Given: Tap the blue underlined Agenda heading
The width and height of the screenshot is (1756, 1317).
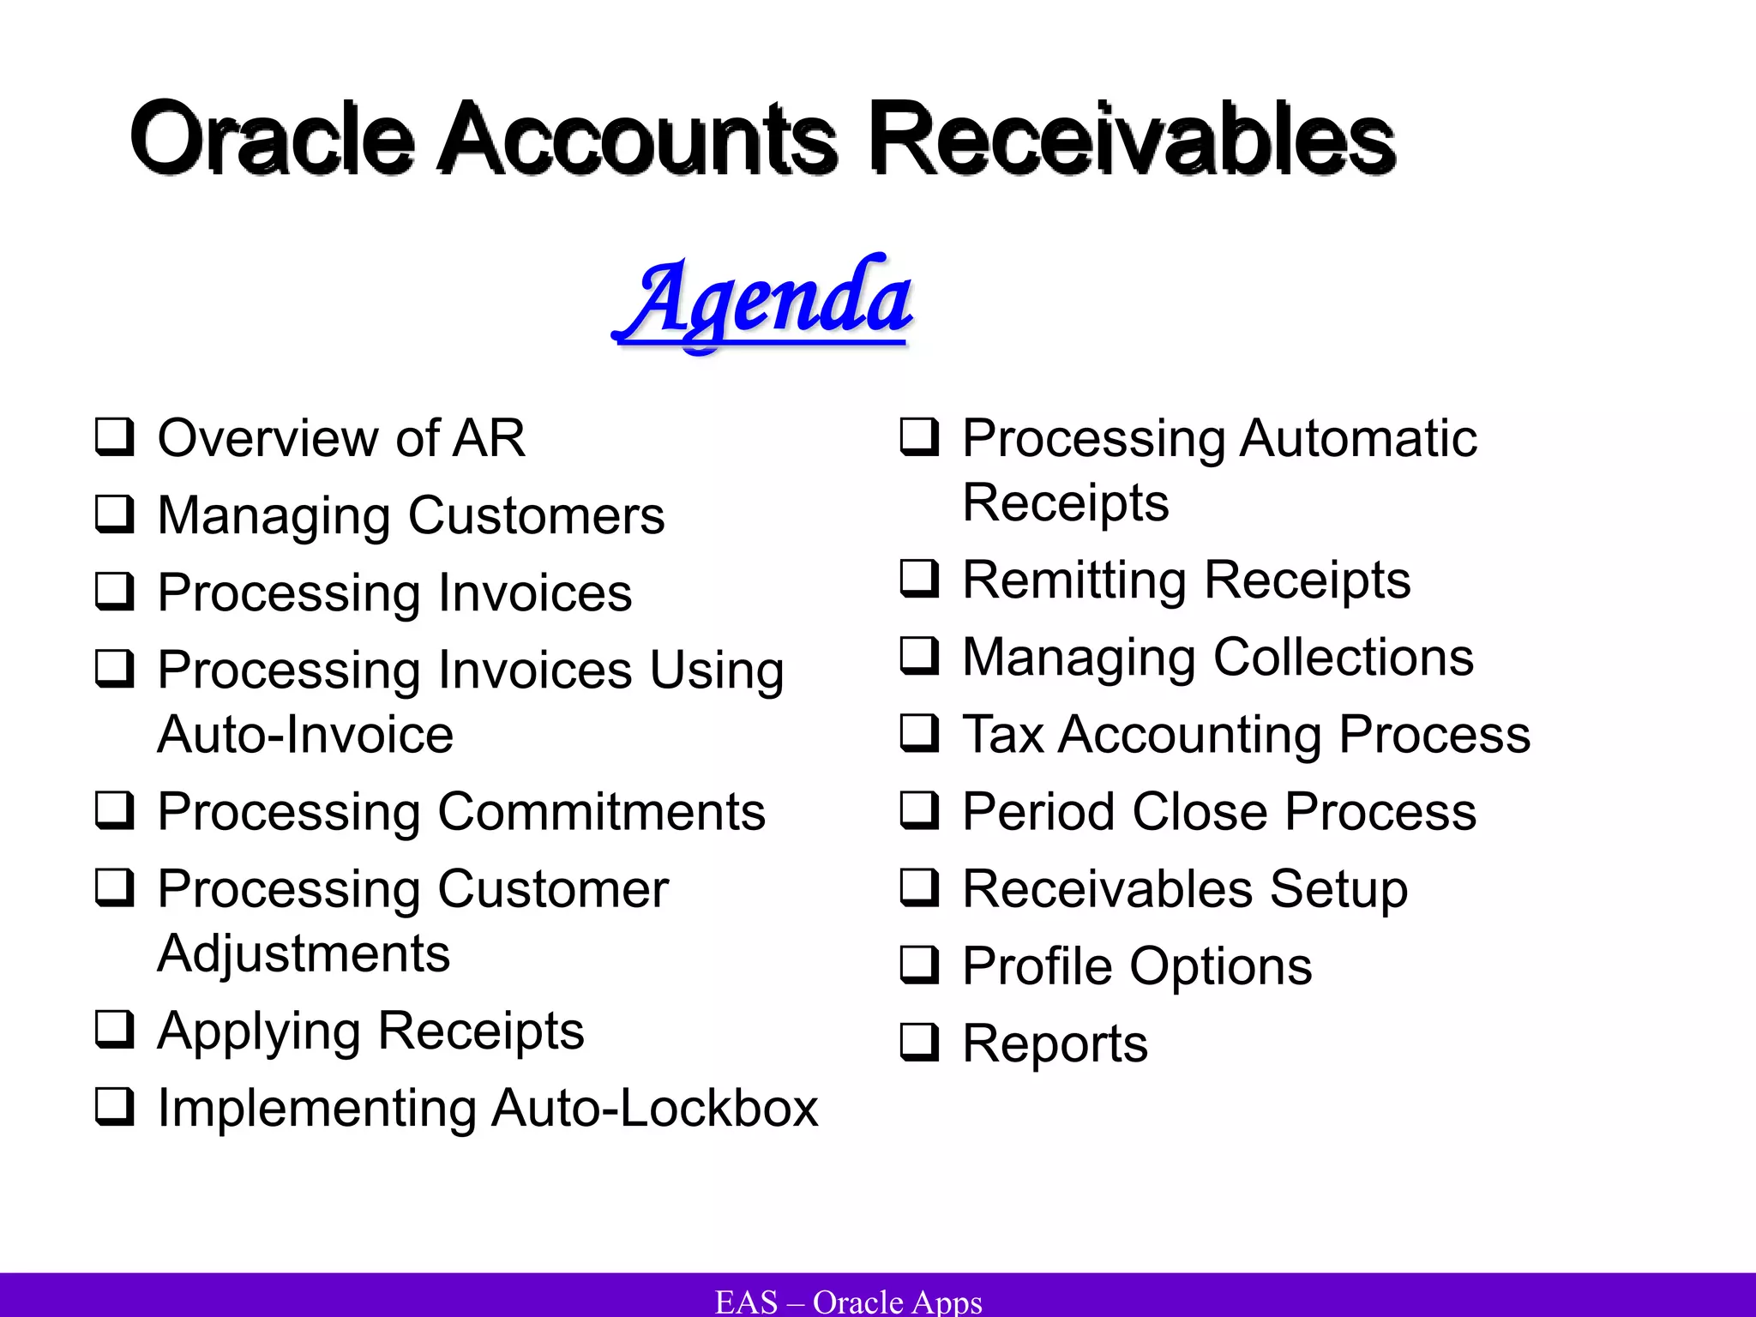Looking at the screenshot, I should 763,300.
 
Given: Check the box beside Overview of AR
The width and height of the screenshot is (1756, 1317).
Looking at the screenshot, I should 113,436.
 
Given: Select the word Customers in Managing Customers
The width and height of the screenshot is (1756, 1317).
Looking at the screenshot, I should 536,515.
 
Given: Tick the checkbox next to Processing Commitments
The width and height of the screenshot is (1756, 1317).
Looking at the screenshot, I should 113,810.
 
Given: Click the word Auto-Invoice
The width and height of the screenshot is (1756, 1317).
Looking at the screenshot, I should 305,735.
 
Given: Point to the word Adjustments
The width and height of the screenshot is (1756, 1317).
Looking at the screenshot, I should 304,953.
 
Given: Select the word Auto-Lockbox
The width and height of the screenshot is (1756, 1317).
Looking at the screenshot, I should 655,1108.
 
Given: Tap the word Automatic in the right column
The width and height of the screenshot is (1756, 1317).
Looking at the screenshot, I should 1358,438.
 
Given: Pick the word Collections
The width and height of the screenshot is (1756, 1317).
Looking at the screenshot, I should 1344,658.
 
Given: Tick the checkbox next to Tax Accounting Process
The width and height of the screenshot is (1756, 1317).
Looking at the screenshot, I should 918,733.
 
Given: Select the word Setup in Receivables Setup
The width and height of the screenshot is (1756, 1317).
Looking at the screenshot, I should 1338,889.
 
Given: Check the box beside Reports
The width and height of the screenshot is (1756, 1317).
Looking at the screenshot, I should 918,1043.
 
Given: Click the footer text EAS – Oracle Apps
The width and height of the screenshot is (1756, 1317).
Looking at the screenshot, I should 848,1301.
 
